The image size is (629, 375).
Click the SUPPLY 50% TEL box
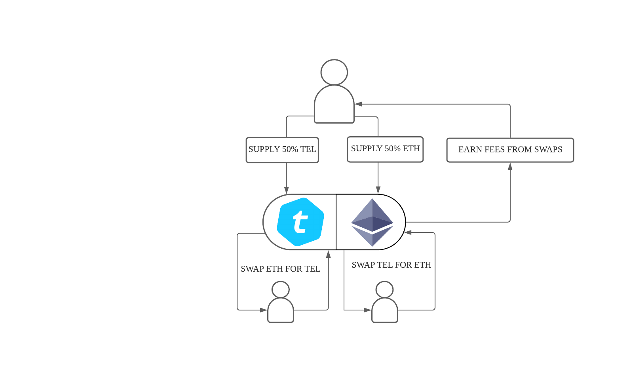(282, 150)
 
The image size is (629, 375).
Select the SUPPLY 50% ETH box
(385, 149)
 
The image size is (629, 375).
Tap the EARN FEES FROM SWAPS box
(510, 150)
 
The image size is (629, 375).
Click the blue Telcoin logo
(300, 222)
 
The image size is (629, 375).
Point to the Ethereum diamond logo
(372, 222)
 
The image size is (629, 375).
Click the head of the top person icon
(334, 72)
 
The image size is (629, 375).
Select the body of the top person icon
(334, 105)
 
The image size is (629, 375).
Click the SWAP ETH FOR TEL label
(280, 269)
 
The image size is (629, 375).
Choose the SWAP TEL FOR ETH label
(391, 265)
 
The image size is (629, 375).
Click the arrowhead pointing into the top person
(359, 104)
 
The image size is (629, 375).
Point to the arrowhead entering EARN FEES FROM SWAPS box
(510, 167)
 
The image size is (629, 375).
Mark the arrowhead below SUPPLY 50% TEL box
(286, 190)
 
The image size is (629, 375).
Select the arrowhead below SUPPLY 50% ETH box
(378, 190)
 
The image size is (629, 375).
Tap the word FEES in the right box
(494, 150)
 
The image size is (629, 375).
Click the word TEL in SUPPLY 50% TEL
(308, 150)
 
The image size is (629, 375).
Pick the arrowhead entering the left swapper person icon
(264, 310)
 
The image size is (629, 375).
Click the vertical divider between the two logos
(336, 222)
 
